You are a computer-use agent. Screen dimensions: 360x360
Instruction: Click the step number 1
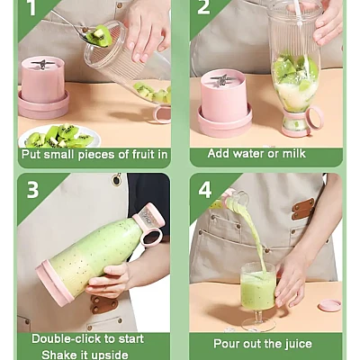pos(32,7)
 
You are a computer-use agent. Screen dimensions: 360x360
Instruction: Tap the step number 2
pos(203,6)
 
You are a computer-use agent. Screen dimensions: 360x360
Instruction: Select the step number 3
pos(32,189)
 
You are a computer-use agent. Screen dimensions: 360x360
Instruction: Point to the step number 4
pos(205,190)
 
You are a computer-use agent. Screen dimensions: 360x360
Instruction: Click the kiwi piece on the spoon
pos(99,36)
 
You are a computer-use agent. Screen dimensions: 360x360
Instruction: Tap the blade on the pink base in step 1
pos(43,64)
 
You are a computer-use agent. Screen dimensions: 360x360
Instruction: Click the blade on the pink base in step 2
pos(222,79)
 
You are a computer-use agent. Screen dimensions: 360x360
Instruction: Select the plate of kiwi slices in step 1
pos(59,137)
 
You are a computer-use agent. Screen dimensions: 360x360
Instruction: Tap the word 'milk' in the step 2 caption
pos(294,153)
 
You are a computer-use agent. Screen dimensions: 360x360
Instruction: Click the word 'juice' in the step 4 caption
pos(299,344)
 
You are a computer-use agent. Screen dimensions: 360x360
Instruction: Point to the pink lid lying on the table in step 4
pos(329,305)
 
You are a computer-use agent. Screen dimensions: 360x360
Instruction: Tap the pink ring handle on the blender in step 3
pos(153,237)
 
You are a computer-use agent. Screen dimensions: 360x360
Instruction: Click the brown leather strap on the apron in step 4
pos(303,209)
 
